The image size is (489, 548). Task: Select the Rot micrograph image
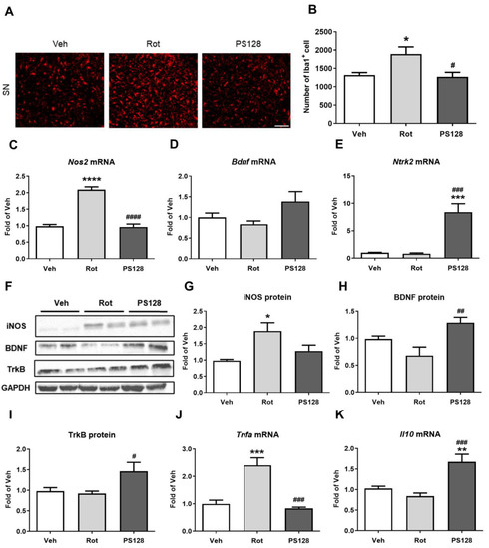(151, 77)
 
